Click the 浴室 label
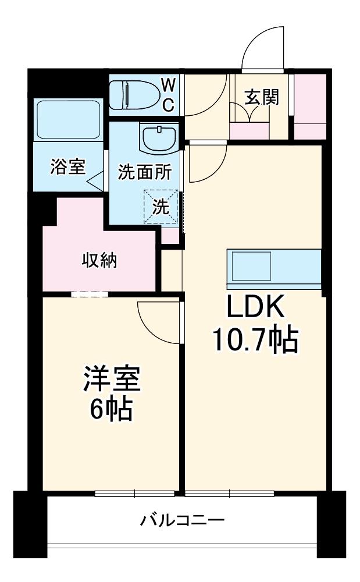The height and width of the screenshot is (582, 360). tap(68, 167)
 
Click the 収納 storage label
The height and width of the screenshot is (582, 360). tap(99, 260)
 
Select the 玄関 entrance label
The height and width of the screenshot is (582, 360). tap(261, 97)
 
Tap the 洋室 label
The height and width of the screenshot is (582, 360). tap(112, 380)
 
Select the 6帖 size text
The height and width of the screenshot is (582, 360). tap(111, 410)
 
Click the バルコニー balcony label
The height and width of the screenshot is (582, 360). tap(182, 519)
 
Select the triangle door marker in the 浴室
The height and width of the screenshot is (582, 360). tap(95, 182)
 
